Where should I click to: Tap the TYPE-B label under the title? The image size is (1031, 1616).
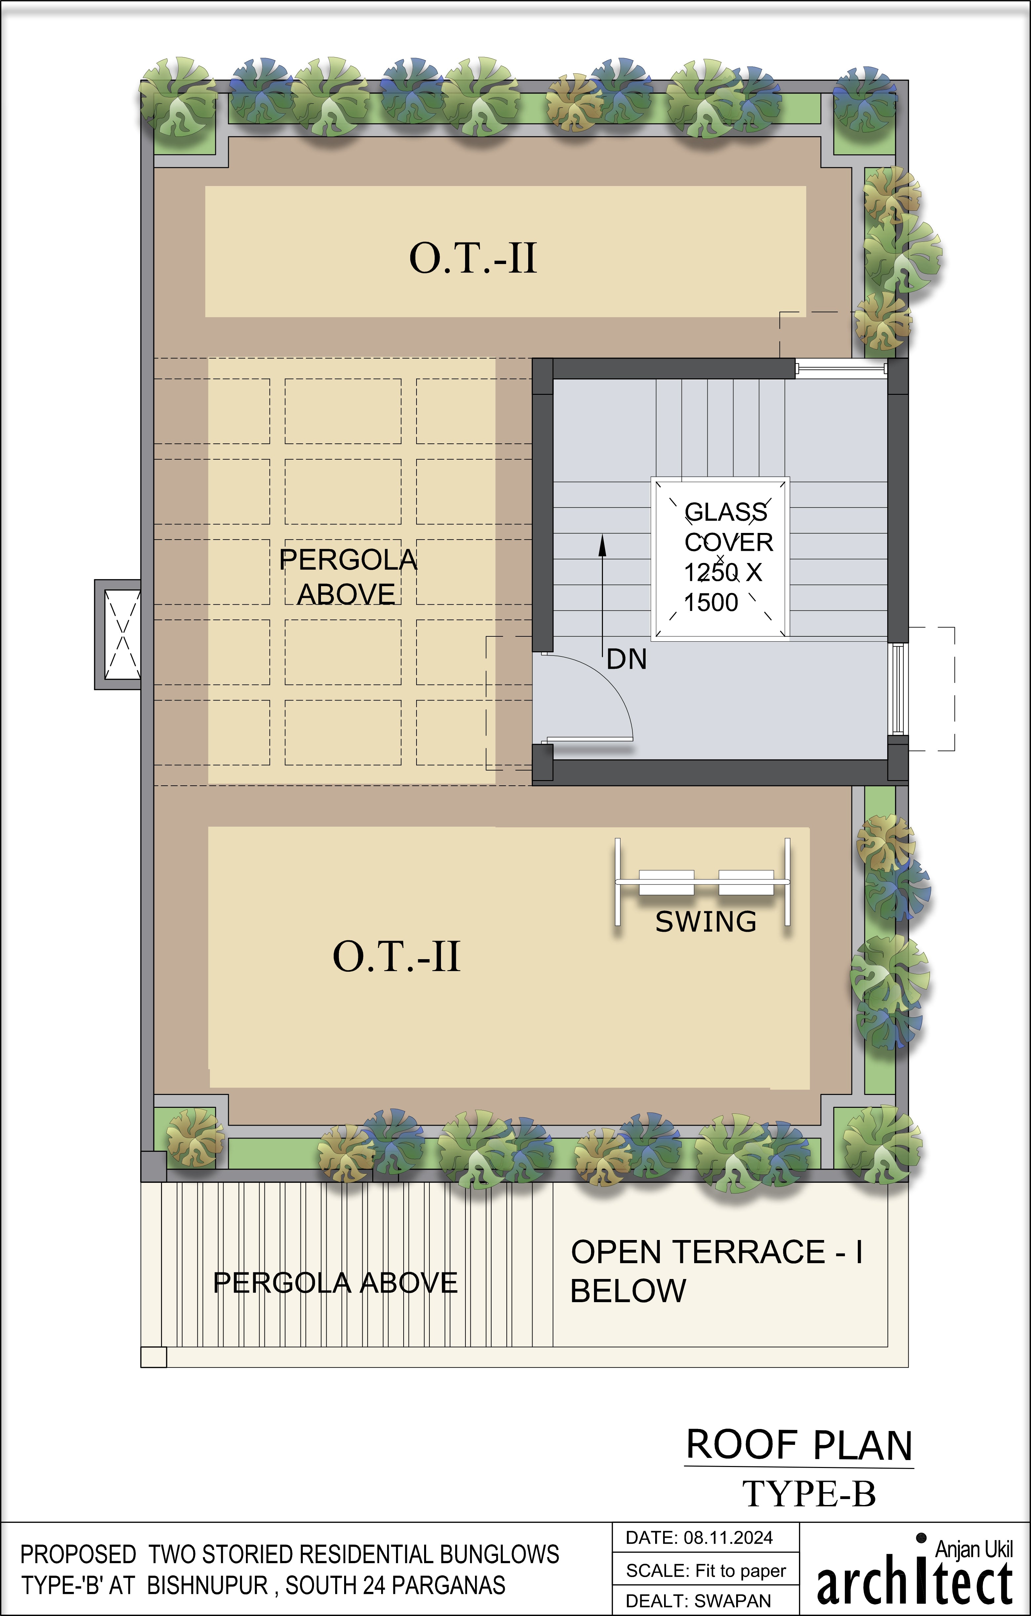(x=809, y=1494)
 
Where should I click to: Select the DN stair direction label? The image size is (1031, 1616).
(x=626, y=660)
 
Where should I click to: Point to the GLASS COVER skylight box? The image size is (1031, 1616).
(x=720, y=558)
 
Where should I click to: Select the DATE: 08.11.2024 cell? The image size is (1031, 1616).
(x=705, y=1537)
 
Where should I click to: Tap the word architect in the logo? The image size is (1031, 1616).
(x=914, y=1584)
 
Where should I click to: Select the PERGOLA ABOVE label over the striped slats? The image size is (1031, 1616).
(x=335, y=1283)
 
